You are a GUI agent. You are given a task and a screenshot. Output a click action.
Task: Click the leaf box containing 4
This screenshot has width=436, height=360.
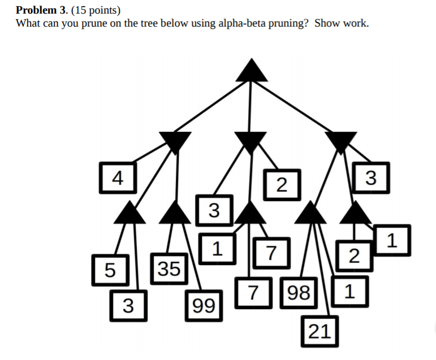click(117, 178)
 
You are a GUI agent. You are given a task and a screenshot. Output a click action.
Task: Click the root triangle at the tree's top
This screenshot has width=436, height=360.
click(251, 71)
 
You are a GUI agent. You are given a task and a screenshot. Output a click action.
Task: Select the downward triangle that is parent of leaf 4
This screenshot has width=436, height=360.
click(175, 141)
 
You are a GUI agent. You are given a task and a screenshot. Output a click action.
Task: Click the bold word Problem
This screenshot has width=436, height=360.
click(34, 10)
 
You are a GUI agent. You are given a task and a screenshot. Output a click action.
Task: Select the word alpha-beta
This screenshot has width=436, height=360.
click(241, 23)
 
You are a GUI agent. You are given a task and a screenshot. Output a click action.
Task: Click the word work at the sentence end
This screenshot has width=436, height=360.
click(356, 23)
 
